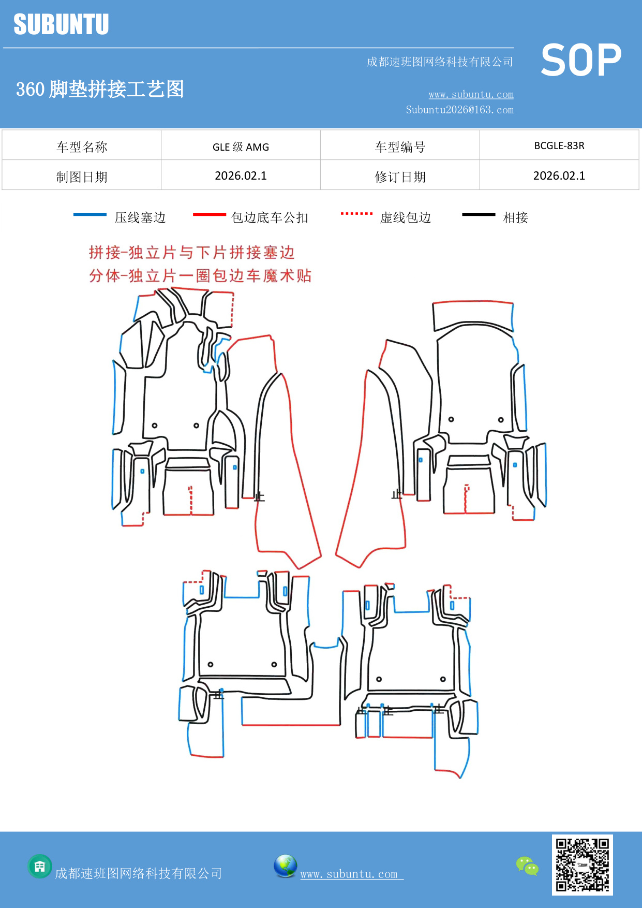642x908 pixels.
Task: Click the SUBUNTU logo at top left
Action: pyautogui.click(x=61, y=24)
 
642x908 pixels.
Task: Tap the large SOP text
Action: pyautogui.click(x=581, y=61)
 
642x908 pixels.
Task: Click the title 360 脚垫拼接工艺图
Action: pyautogui.click(x=100, y=89)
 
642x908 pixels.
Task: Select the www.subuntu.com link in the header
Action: pyautogui.click(x=471, y=94)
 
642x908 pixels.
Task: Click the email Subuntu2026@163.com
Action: pyautogui.click(x=459, y=110)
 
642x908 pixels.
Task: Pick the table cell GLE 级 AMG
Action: pyautogui.click(x=241, y=147)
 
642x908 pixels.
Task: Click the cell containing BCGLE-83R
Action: pyautogui.click(x=559, y=145)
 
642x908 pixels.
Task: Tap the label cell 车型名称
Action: pyautogui.click(x=82, y=147)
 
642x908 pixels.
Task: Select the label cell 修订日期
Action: pyautogui.click(x=400, y=177)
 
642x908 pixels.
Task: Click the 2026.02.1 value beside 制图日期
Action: pyautogui.click(x=241, y=176)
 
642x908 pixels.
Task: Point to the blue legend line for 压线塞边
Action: pyautogui.click(x=90, y=214)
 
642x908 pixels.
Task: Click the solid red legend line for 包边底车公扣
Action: pyautogui.click(x=209, y=214)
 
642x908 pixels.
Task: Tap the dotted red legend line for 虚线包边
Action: pyautogui.click(x=356, y=213)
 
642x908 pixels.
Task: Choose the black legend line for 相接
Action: pyautogui.click(x=479, y=214)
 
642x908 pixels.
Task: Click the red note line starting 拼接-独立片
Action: pyautogui.click(x=191, y=253)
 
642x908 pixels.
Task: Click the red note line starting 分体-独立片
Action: pyautogui.click(x=200, y=275)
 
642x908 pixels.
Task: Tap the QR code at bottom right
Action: pyautogui.click(x=582, y=865)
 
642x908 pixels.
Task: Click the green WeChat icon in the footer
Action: pyautogui.click(x=527, y=866)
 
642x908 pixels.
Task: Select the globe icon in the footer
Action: pyautogui.click(x=285, y=866)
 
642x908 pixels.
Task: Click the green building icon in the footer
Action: pyautogui.click(x=40, y=866)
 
